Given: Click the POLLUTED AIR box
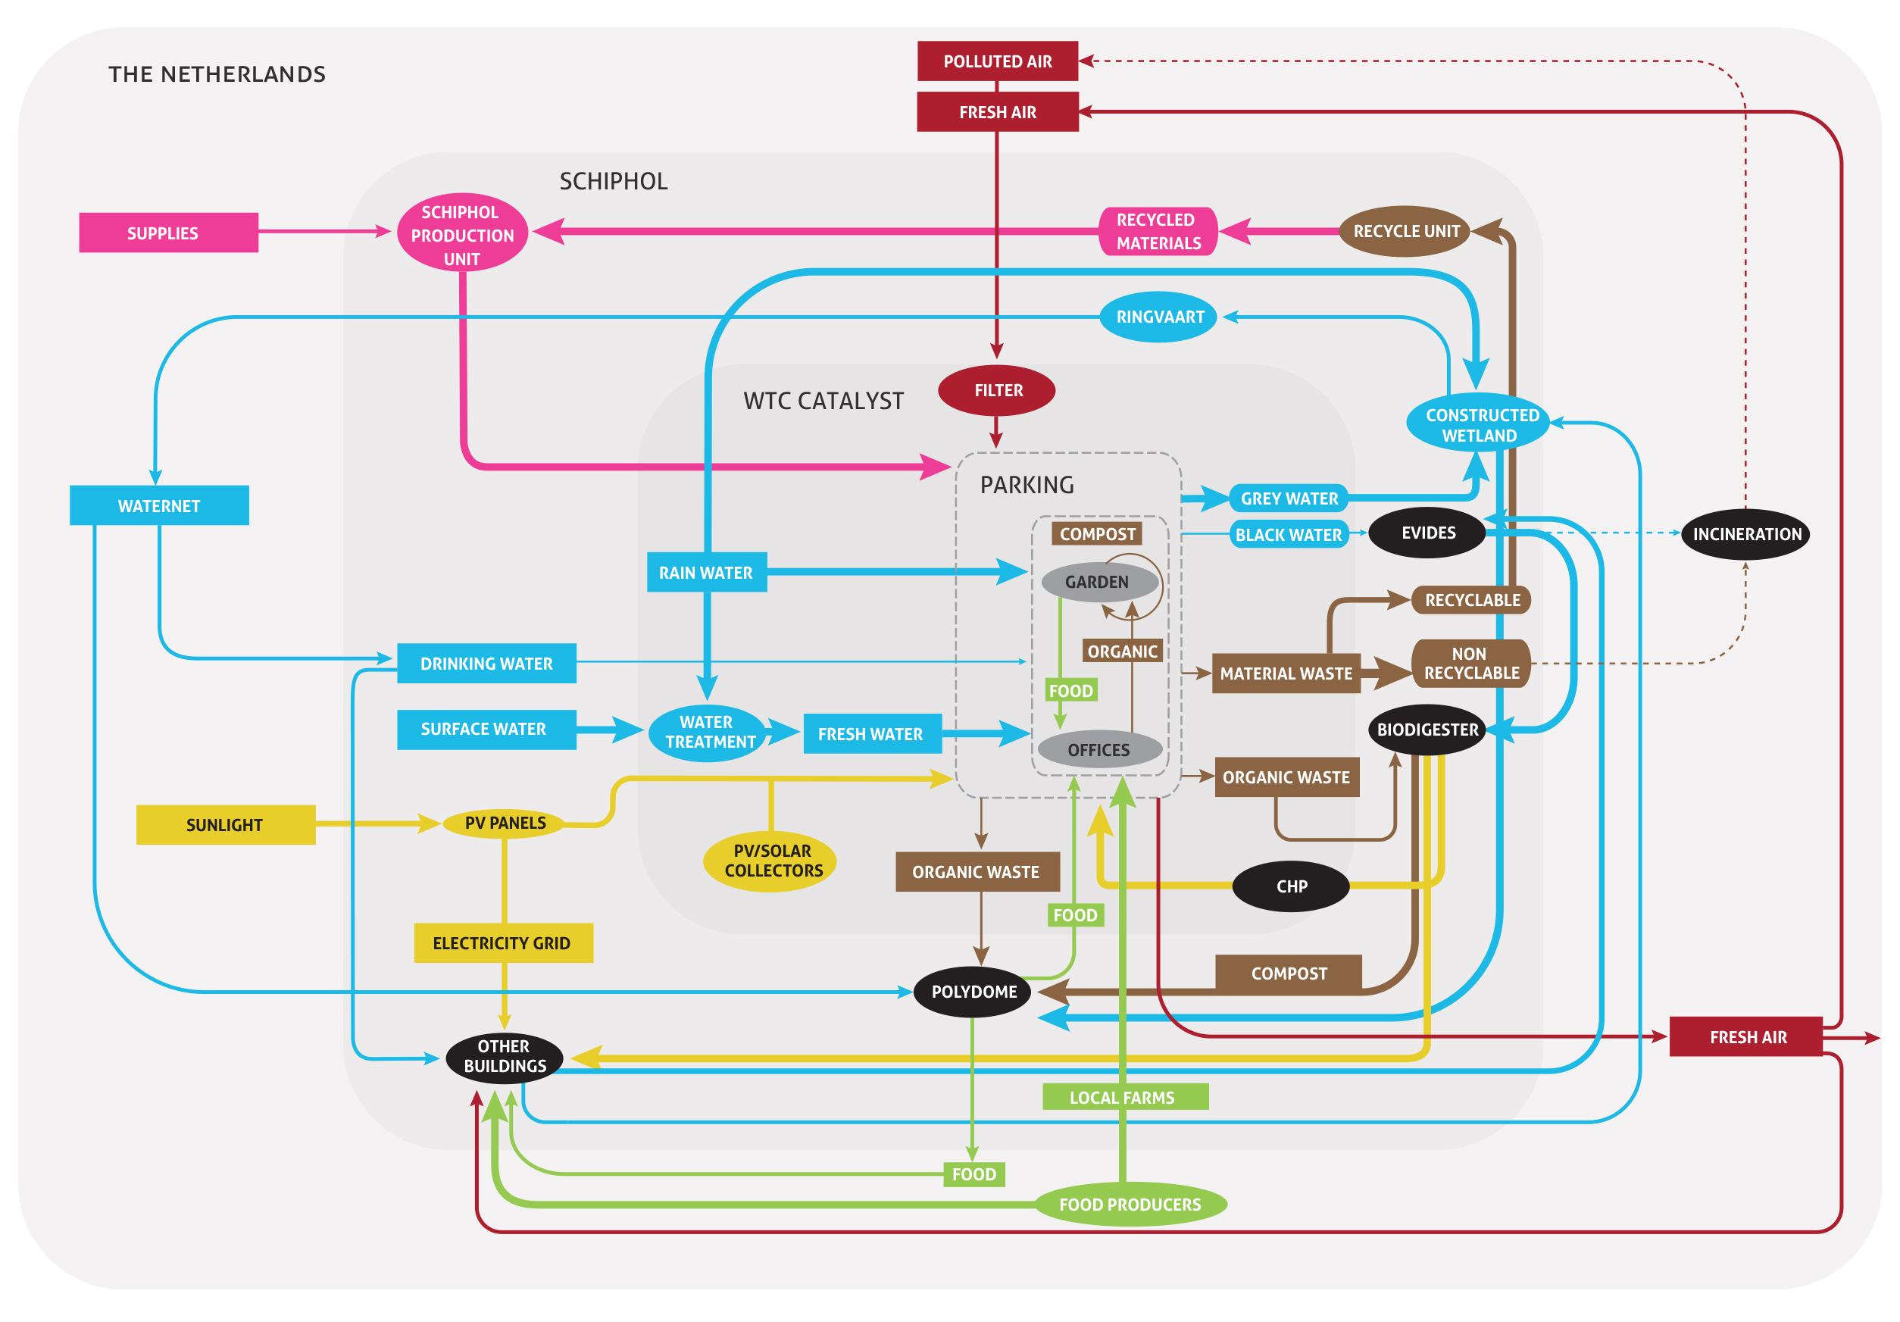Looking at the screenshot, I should (997, 61).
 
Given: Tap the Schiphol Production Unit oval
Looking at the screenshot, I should (462, 234).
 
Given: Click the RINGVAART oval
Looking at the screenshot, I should (1158, 317).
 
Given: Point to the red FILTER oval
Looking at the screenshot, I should (996, 390).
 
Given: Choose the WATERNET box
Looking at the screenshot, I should (159, 505).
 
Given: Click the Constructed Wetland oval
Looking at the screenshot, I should (1480, 423).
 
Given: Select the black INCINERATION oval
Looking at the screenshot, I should (1746, 534).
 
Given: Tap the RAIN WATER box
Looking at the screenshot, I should (706, 572).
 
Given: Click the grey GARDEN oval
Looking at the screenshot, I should (1096, 582).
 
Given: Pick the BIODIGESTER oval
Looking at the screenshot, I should (1427, 730).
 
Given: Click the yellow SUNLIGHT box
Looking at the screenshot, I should (225, 824).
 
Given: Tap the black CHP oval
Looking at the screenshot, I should (1291, 886).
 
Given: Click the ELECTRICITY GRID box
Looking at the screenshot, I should (502, 943).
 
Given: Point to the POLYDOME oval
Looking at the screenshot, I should (973, 992).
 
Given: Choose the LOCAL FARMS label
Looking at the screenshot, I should (1123, 1097).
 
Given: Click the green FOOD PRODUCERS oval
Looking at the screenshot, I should (1130, 1204).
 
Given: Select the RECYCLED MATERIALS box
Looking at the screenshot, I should (1158, 232).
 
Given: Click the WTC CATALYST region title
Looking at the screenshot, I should (823, 401).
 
